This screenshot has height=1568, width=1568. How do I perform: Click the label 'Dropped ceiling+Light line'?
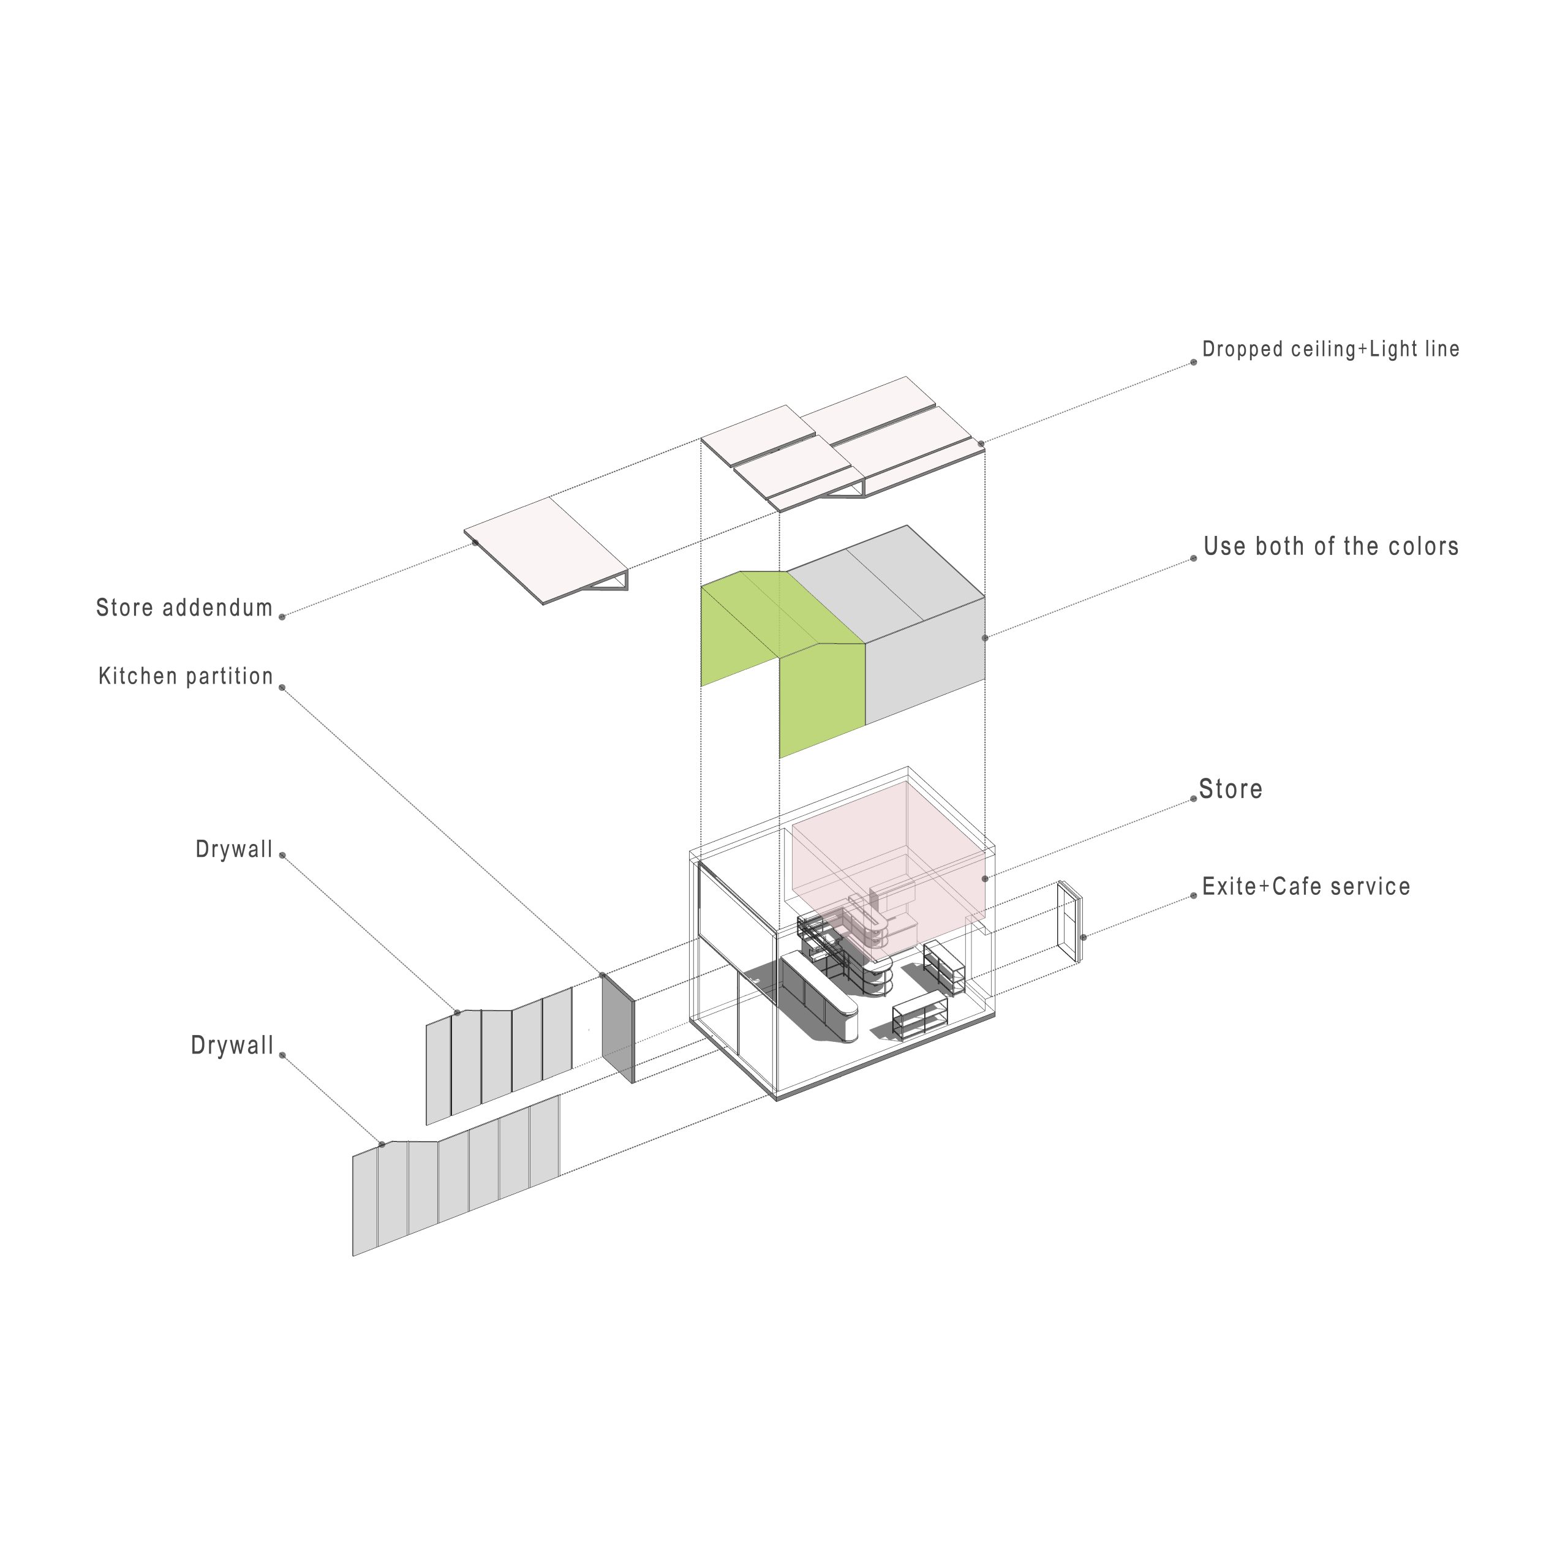click(x=1330, y=350)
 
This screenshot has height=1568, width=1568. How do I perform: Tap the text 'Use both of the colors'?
click(x=1331, y=546)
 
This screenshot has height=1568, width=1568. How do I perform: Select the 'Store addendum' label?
click(x=184, y=608)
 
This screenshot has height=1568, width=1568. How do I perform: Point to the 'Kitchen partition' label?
click(x=186, y=676)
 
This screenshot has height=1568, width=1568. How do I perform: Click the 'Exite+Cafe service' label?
click(x=1306, y=886)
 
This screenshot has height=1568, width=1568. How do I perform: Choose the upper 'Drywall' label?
click(x=235, y=850)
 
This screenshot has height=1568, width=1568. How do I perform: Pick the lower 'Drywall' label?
click(x=232, y=1046)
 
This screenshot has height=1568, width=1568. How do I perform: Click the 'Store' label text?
click(x=1231, y=789)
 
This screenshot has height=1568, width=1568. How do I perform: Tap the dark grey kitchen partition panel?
click(x=617, y=1028)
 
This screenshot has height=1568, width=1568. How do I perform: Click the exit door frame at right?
click(x=1069, y=923)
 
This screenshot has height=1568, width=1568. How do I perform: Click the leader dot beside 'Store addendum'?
click(x=282, y=617)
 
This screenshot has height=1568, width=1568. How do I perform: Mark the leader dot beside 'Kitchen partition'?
click(x=282, y=687)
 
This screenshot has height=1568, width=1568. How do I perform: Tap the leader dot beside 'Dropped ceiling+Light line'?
click(x=1193, y=362)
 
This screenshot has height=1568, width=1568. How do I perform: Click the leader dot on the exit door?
click(x=1084, y=937)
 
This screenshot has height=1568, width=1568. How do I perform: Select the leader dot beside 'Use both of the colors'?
click(x=1193, y=559)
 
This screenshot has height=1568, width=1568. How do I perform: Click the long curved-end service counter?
click(x=820, y=997)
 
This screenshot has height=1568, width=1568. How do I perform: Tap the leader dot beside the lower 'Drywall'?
click(x=282, y=1055)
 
